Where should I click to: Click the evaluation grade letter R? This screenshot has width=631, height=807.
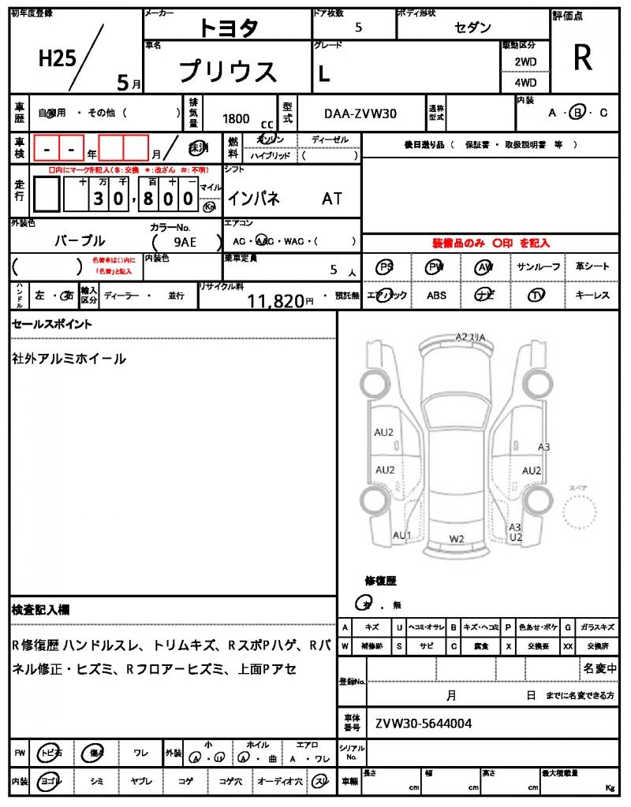click(583, 58)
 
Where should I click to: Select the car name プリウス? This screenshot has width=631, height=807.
click(228, 72)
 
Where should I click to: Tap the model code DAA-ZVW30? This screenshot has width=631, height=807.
click(360, 113)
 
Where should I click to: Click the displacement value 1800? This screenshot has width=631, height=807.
click(236, 118)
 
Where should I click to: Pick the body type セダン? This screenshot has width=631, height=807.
click(473, 28)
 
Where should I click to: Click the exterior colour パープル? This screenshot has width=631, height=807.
click(80, 240)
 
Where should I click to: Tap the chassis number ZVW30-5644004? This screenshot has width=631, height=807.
click(424, 723)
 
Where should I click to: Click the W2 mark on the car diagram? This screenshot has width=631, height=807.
click(457, 539)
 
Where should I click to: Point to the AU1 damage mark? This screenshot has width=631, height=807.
click(402, 536)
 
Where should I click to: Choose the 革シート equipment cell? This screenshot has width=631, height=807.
click(592, 266)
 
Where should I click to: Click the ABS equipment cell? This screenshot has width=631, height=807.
click(436, 296)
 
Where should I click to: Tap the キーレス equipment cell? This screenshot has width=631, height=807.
click(592, 296)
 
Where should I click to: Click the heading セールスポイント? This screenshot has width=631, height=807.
click(52, 324)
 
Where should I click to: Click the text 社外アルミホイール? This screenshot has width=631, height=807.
click(69, 359)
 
